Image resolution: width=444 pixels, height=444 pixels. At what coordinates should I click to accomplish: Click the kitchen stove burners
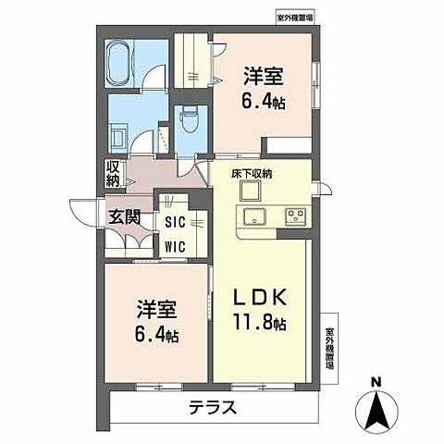pos(295,216)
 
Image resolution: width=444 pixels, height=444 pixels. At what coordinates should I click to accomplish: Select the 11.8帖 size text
pos(259,324)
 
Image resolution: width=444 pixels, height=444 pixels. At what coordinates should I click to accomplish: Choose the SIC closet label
pos(174,222)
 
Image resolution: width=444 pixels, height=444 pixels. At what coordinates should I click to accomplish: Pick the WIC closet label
pos(174,246)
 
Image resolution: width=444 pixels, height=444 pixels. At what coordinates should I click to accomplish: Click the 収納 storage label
pos(113,173)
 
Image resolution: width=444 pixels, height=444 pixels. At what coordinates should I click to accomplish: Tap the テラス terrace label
pos(214,407)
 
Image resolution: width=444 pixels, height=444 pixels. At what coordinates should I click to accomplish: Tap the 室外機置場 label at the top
pos(295,17)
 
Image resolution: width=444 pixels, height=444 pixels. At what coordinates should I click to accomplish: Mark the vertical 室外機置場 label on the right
pos(329,347)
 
